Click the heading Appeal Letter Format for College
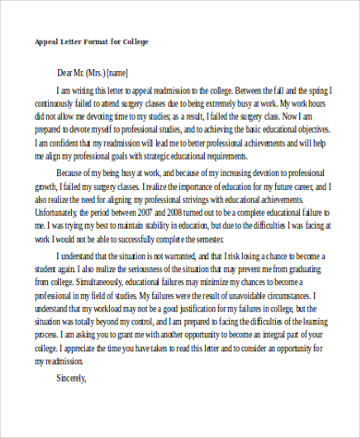tap(92, 42)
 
